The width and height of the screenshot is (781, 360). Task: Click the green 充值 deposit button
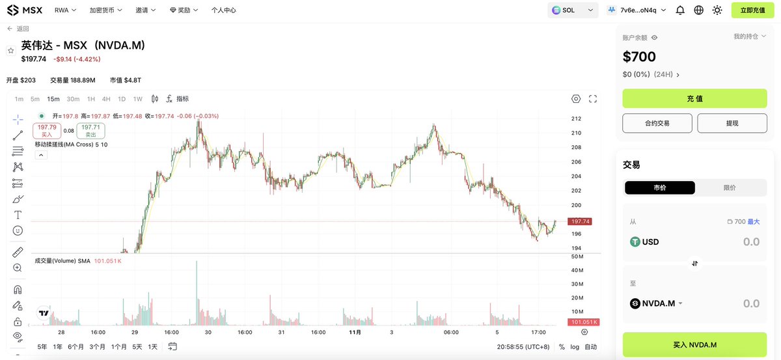694,98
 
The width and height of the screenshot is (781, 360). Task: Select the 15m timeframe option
53,99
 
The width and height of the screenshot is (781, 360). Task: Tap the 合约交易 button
657,123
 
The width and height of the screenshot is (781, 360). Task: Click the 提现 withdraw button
732,123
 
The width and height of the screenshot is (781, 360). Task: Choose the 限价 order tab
730,187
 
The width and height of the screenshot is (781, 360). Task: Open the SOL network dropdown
573,10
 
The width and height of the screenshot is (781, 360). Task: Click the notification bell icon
680,10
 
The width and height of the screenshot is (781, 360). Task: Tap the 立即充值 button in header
753,10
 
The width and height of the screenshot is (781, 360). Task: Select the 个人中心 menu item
224,10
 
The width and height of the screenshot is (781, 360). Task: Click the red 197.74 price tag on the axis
578,221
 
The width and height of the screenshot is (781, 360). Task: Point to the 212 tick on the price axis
576,118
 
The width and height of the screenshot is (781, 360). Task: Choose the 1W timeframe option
138,99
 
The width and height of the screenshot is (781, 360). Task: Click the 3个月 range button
98,346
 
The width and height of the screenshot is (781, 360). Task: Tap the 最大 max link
754,222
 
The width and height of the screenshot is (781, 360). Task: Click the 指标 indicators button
178,99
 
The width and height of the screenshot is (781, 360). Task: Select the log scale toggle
575,347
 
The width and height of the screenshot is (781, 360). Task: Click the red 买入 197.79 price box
47,131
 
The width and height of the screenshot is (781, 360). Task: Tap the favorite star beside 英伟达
10,50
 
